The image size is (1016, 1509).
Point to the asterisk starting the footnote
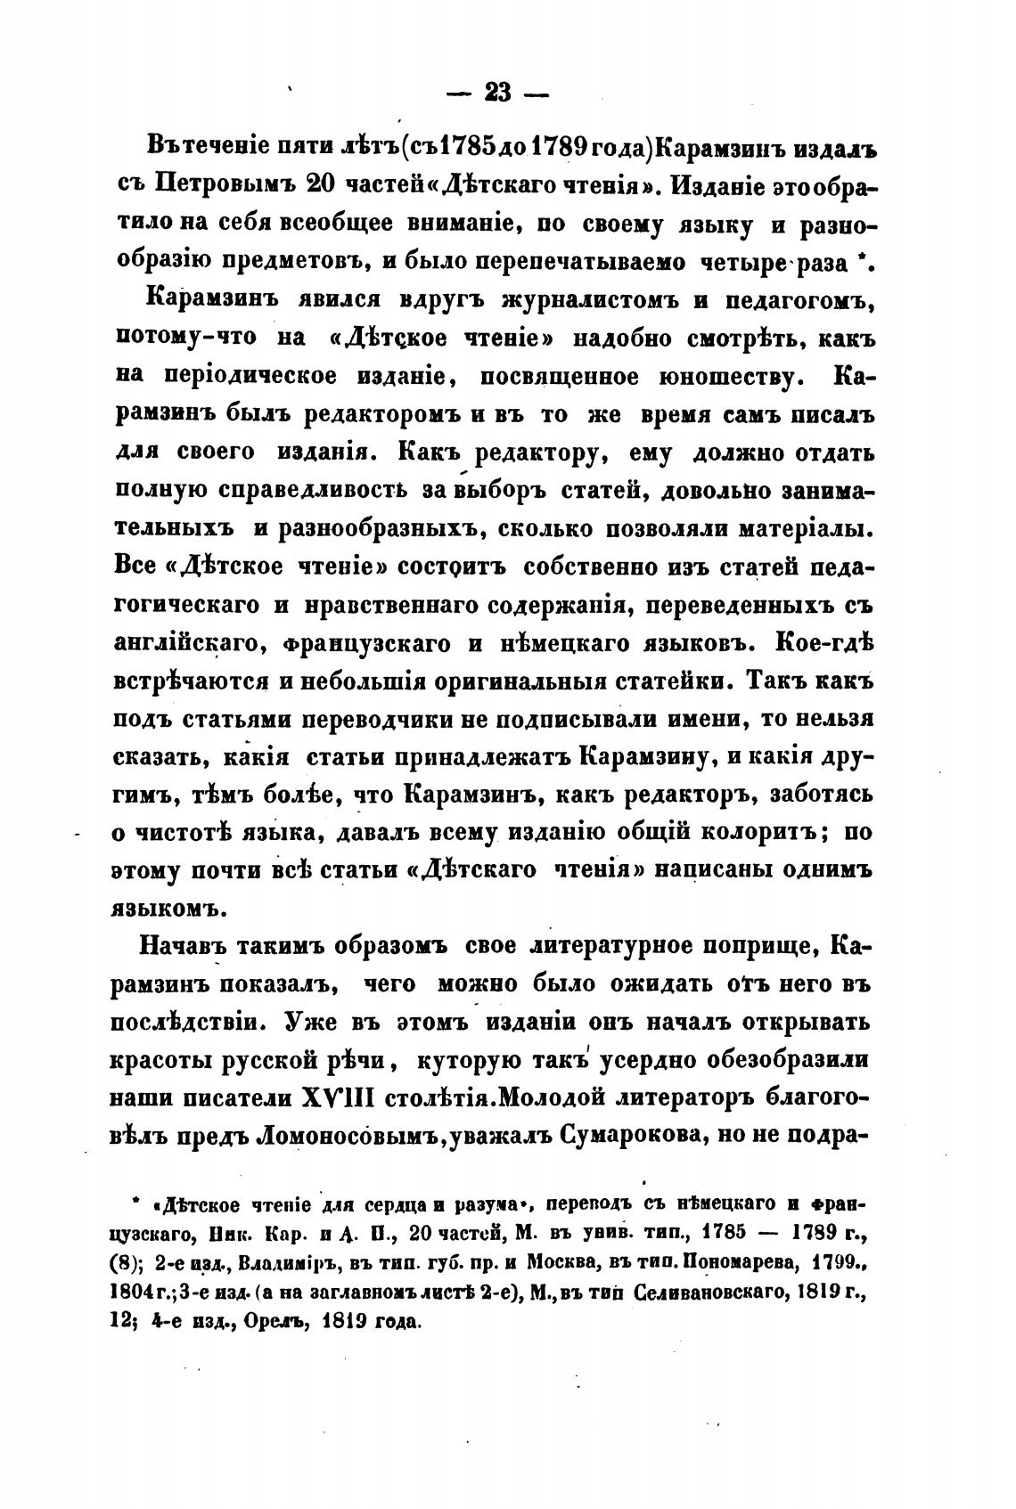(x=135, y=1204)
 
